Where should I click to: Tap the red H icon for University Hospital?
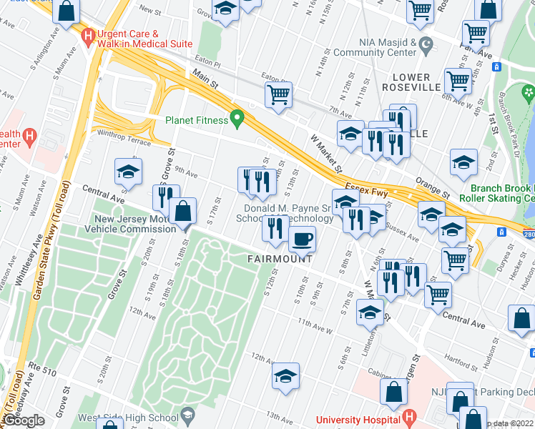pyautogui.click(x=409, y=416)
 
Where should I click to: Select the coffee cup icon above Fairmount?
pyautogui.click(x=303, y=239)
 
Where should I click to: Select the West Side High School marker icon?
pyautogui.click(x=187, y=415)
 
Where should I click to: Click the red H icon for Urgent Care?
pyautogui.click(x=89, y=36)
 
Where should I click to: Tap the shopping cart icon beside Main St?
pyautogui.click(x=278, y=94)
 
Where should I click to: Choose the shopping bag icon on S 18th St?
pyautogui.click(x=184, y=212)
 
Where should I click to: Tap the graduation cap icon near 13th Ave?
pyautogui.click(x=285, y=376)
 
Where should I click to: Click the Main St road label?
pyautogui.click(x=205, y=79)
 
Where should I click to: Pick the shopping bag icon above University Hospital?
pyautogui.click(x=393, y=392)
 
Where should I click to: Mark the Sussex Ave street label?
pyautogui.click(x=402, y=231)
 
